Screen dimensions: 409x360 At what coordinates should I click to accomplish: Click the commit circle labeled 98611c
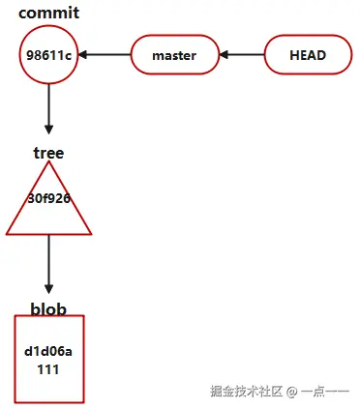pos(48,55)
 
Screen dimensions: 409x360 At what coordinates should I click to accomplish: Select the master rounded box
pos(174,55)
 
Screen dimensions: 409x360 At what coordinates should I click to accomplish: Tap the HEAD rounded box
pos(307,55)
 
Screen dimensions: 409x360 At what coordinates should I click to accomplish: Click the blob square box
pos(48,359)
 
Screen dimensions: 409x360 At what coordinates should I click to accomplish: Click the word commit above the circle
pos(48,14)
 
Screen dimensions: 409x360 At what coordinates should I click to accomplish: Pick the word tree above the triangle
pos(48,153)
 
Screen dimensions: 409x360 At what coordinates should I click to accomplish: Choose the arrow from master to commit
pos(105,55)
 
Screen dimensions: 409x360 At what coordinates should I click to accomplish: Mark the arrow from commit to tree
pos(48,111)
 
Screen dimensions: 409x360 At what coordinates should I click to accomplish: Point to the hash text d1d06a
pos(48,351)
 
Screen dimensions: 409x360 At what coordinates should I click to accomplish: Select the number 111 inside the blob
pos(48,368)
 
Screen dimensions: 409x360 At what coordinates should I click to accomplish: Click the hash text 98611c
pos(48,55)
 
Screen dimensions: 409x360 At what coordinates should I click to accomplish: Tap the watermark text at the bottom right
pos(280,392)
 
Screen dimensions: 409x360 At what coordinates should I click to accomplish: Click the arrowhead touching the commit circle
pos(84,55)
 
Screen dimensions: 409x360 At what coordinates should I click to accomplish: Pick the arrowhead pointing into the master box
pos(225,55)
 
